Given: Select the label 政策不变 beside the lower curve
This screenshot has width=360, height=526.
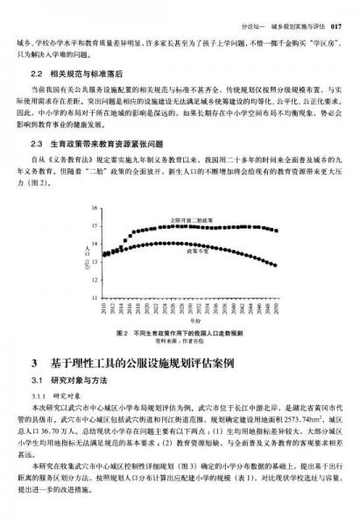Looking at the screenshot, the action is [x=197, y=251].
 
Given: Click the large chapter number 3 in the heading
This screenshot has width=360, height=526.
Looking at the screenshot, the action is [x=34, y=362].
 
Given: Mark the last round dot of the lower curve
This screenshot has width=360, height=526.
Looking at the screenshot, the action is [x=278, y=265].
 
